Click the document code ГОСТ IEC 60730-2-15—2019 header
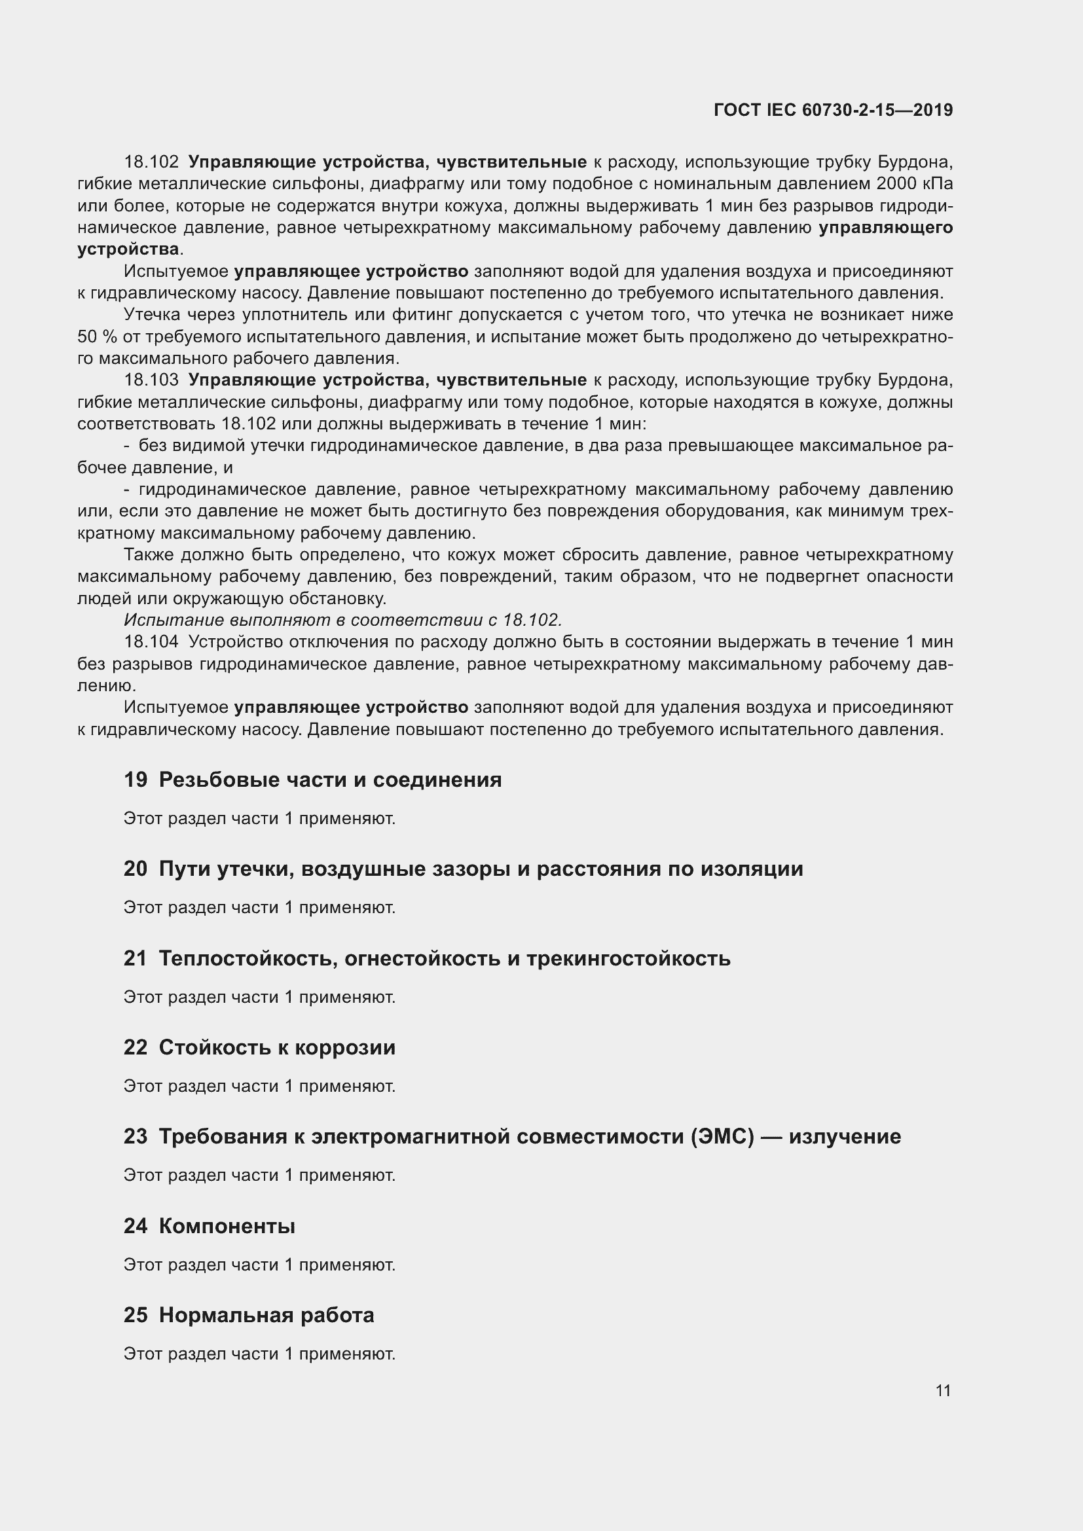point(832,110)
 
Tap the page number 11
point(942,1390)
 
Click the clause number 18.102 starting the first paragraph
point(151,162)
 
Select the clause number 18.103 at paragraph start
point(151,380)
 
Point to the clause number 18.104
point(151,641)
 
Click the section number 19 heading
point(136,780)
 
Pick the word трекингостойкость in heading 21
point(628,958)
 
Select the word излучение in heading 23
point(844,1136)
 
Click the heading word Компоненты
point(227,1225)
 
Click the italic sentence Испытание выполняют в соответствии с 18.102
point(342,620)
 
